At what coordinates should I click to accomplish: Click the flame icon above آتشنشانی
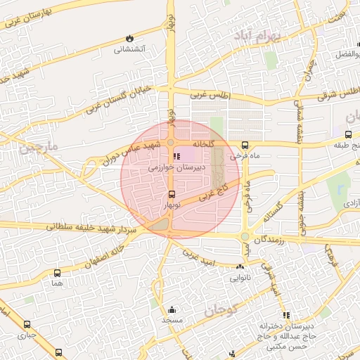129,37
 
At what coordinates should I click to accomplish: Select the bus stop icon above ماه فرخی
245,146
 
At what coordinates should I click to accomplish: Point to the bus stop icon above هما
57,272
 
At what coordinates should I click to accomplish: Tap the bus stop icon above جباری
27,325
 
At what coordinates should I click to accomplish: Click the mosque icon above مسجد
172,309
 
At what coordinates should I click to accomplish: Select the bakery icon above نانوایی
241,266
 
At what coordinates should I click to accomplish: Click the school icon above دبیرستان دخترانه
285,316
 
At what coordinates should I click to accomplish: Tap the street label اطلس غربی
210,93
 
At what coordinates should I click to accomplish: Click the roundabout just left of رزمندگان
245,237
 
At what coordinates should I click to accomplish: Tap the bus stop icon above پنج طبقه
349,134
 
